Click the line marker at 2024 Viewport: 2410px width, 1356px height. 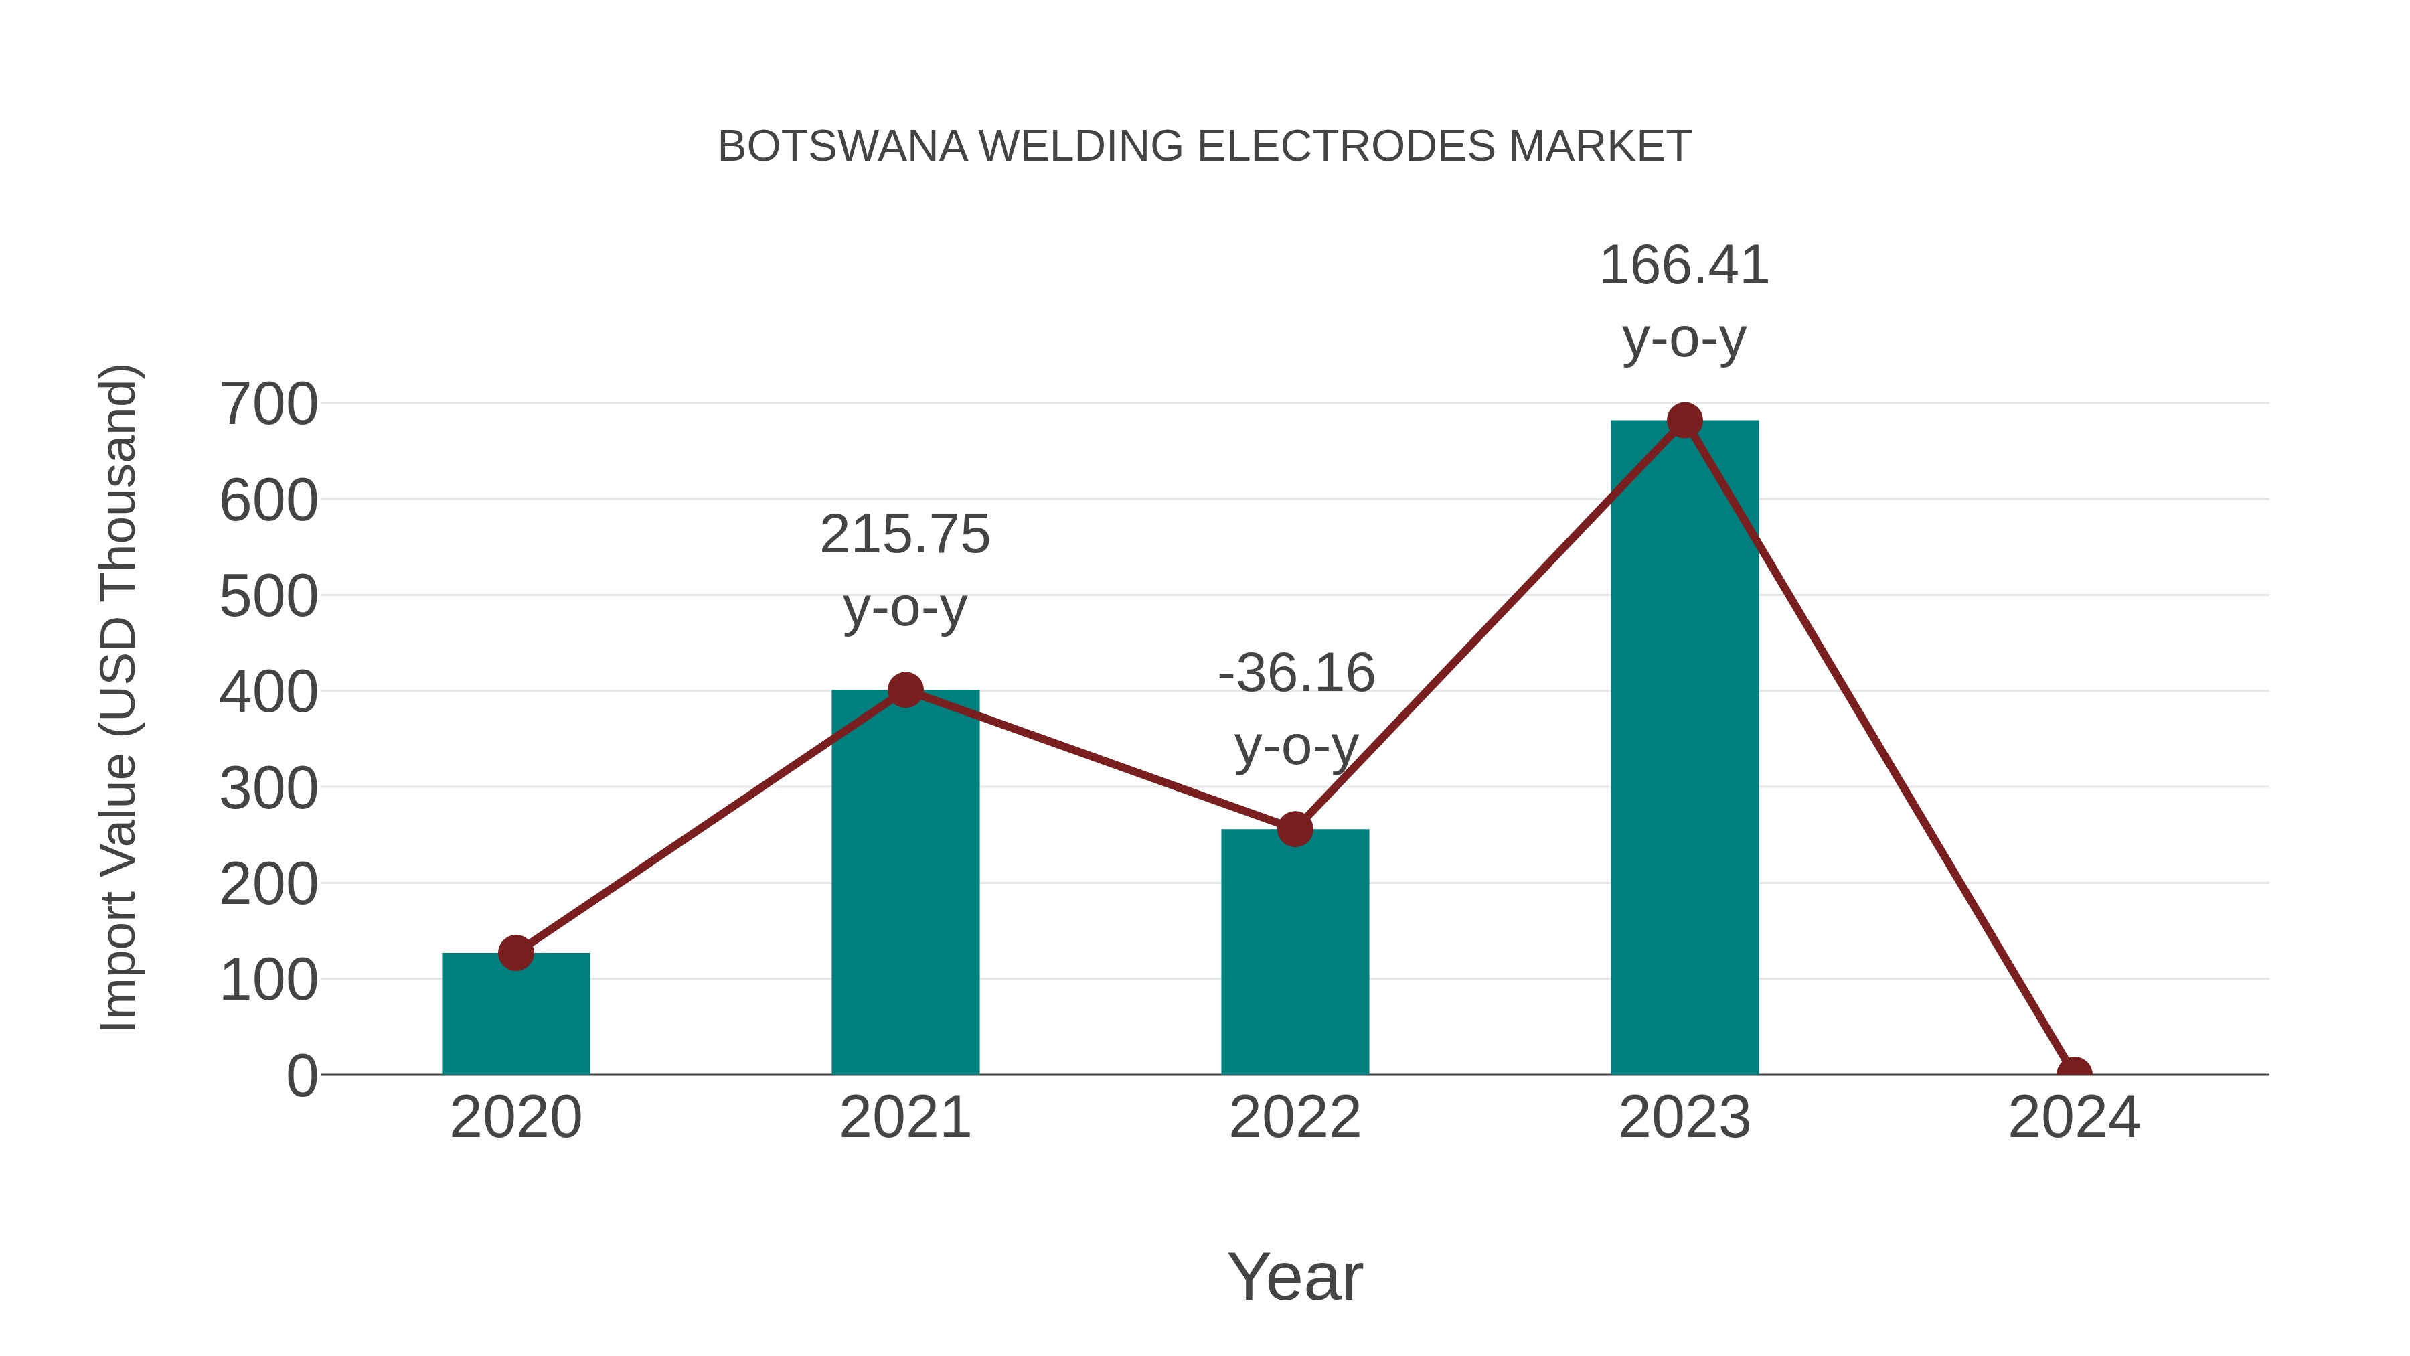[2074, 1073]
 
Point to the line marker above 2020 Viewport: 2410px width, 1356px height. [515, 953]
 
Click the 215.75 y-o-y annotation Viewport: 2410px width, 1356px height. [904, 570]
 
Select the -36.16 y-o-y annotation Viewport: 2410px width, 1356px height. [1296, 708]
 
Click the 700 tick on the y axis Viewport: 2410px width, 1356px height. [268, 404]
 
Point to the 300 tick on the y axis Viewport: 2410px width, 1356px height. [268, 788]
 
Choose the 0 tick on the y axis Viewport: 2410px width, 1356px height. [301, 1075]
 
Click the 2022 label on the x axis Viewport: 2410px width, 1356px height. [1295, 1118]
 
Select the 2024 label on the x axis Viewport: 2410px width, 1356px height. [2074, 1118]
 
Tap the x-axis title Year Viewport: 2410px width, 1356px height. [1295, 1276]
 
